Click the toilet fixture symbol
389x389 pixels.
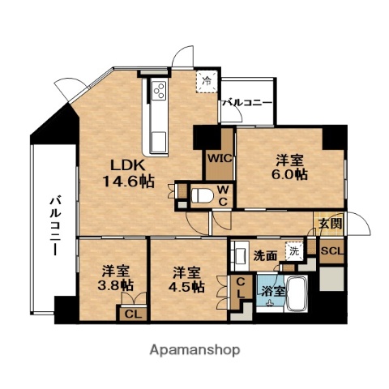click(x=203, y=194)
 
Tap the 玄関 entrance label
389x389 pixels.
click(x=329, y=223)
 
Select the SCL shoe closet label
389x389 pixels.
click(x=332, y=250)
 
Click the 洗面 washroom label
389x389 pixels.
click(x=267, y=254)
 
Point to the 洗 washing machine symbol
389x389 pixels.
click(x=294, y=252)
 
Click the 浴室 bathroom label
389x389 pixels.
click(x=272, y=291)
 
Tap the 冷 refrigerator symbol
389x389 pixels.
click(x=207, y=81)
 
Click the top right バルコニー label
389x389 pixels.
click(x=247, y=103)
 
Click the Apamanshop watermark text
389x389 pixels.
click(x=194, y=350)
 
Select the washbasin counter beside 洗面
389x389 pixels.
click(x=240, y=258)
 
